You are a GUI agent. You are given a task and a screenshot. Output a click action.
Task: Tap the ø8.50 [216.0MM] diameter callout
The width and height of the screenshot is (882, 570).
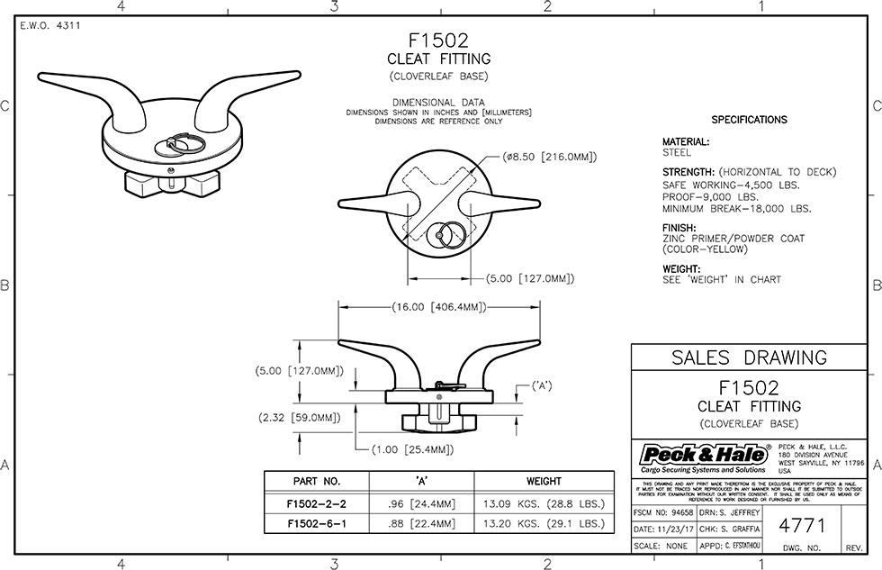click(x=550, y=156)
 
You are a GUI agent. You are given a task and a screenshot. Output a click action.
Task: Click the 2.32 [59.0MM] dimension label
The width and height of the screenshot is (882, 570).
click(x=299, y=418)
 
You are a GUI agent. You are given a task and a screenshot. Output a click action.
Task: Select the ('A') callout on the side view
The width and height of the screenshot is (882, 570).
click(x=541, y=386)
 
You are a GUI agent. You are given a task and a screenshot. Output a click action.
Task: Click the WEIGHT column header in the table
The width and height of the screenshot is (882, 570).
click(x=544, y=481)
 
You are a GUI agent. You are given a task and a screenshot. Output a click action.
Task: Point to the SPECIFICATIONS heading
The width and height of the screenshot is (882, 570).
click(x=749, y=120)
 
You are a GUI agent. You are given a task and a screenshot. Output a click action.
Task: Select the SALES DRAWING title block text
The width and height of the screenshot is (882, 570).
click(x=749, y=357)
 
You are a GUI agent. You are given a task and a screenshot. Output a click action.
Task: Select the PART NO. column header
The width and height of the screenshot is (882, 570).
click(x=316, y=481)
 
